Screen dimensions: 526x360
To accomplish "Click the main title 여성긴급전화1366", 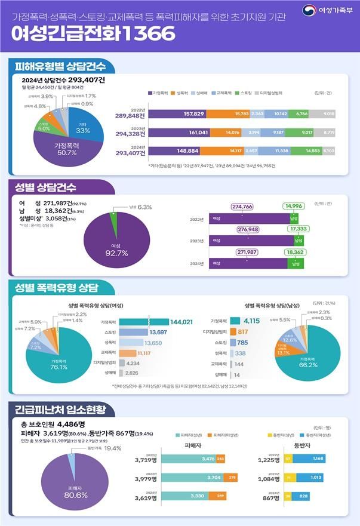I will [x=93, y=33].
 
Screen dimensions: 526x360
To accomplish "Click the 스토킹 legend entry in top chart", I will [x=244, y=93].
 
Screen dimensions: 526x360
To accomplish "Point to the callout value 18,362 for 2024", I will [x=296, y=253].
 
